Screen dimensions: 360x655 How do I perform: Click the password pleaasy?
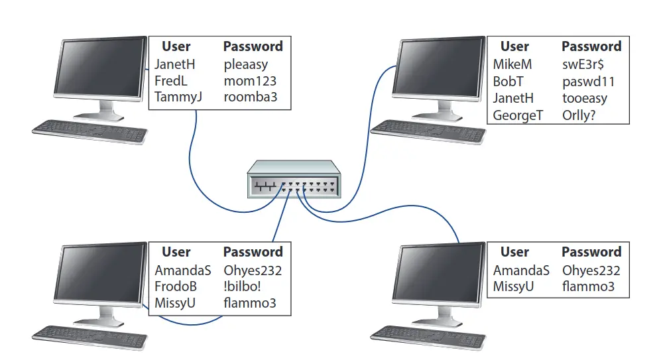(245, 65)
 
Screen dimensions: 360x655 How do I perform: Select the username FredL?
(171, 81)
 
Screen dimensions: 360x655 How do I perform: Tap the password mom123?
(249, 81)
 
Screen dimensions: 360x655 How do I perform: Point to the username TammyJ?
(178, 97)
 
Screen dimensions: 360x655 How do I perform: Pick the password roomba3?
(250, 97)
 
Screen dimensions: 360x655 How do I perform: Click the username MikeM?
(512, 65)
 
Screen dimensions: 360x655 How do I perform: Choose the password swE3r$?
(583, 65)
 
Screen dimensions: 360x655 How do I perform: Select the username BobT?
(508, 82)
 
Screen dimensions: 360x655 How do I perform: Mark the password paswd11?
(588, 82)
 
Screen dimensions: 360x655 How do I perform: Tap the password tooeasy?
(585, 98)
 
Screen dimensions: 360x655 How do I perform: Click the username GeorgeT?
(518, 115)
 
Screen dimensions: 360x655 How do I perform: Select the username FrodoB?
(176, 287)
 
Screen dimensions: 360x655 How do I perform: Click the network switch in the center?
(294, 180)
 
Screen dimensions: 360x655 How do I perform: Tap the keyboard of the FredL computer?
(90, 130)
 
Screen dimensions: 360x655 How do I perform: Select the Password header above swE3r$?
(591, 46)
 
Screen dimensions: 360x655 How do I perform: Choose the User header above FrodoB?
(176, 252)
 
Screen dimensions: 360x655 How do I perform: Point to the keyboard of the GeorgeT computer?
(428, 131)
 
